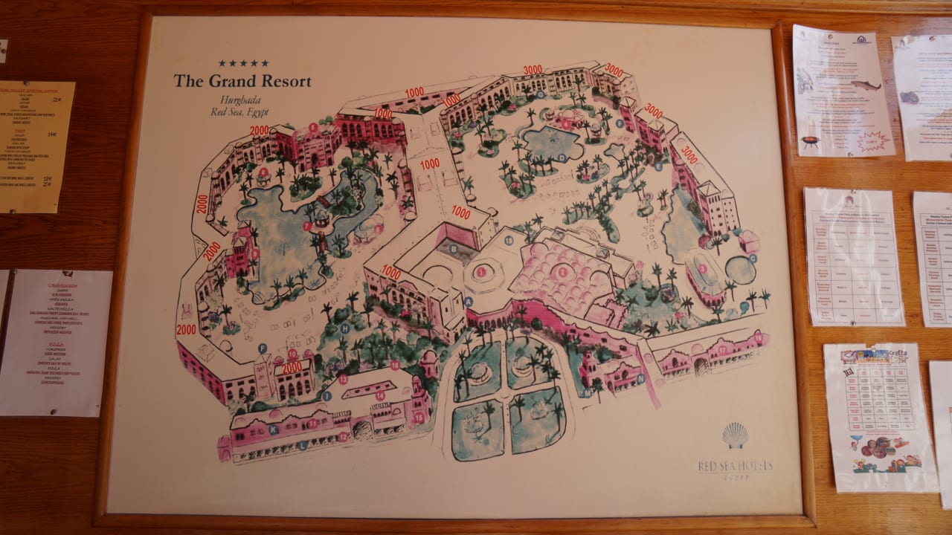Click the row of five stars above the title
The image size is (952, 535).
[x=243, y=63]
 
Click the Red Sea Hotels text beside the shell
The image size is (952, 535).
[x=735, y=466]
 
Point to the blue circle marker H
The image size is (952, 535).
[x=344, y=327]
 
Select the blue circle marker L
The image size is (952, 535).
[x=303, y=445]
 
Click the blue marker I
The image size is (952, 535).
[x=327, y=395]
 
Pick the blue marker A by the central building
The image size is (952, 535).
[x=469, y=302]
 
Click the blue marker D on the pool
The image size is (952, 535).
[x=562, y=158]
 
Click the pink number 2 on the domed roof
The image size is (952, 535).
[x=562, y=272]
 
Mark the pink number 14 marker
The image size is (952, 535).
[x=380, y=396]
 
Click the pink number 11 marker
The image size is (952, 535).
[x=312, y=424]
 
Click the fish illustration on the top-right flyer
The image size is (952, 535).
[x=865, y=85]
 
